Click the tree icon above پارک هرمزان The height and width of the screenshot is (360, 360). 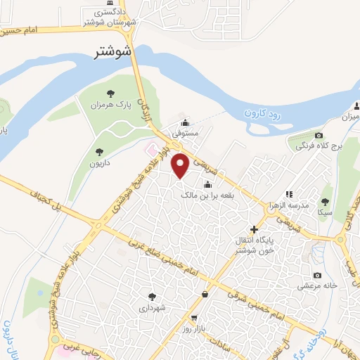click(x=110, y=92)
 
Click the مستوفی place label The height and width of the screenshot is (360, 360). click(x=188, y=132)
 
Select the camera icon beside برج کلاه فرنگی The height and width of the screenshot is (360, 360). click(x=319, y=135)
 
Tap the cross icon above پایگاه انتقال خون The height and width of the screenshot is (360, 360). click(x=255, y=229)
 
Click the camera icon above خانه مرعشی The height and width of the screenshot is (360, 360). click(x=318, y=275)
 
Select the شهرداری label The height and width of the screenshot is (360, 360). click(x=153, y=307)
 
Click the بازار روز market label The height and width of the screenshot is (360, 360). click(x=193, y=328)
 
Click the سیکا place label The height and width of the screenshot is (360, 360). click(x=325, y=211)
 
